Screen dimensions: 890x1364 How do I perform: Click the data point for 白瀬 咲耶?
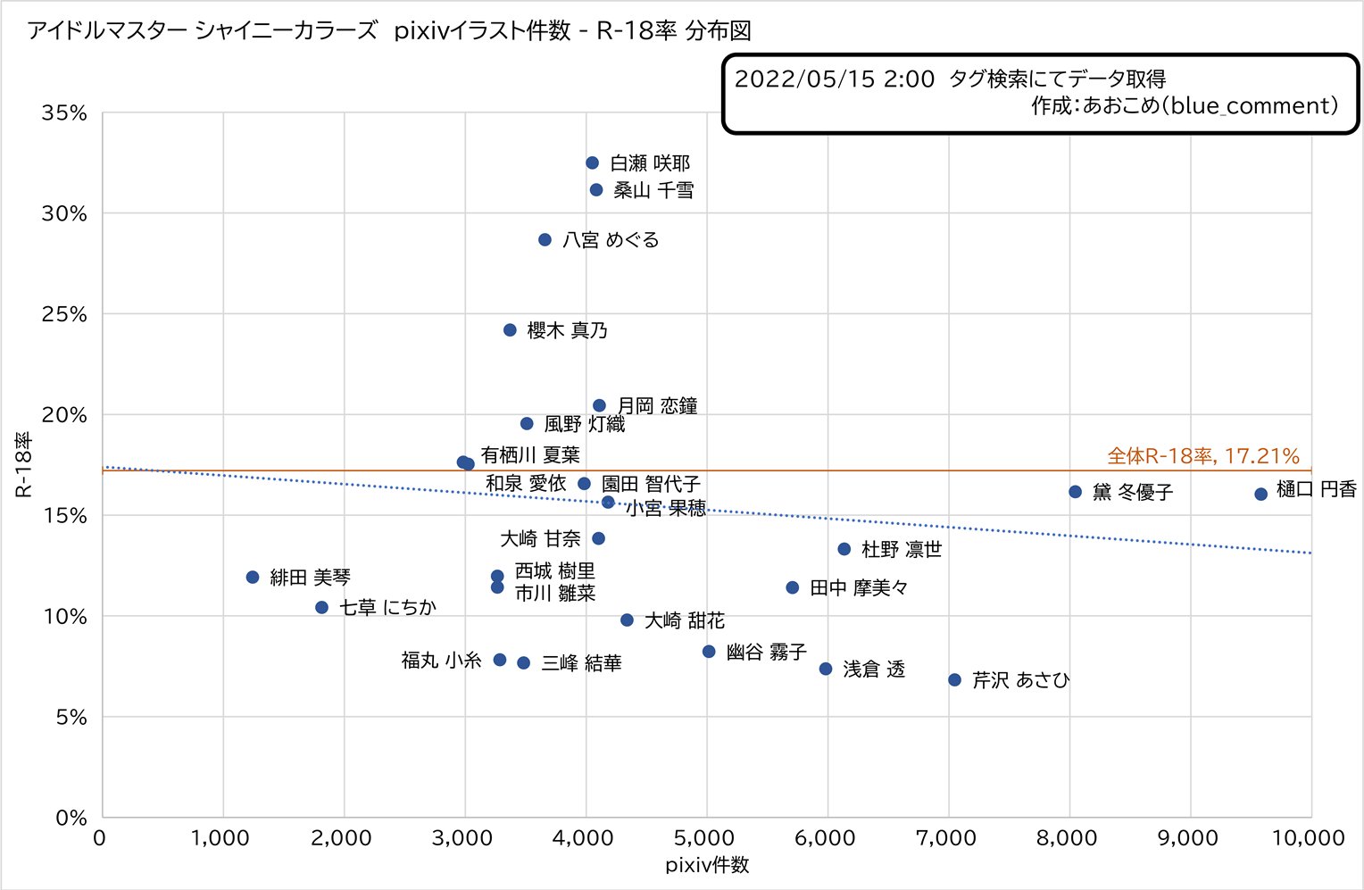pos(592,163)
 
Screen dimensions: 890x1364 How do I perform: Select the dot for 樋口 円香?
pos(1260,494)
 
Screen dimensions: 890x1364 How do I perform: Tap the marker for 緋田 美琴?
pos(253,578)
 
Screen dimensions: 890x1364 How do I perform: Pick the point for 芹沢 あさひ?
pos(954,680)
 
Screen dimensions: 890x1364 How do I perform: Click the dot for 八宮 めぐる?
pos(545,240)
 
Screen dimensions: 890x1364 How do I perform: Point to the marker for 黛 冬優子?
pos(1076,492)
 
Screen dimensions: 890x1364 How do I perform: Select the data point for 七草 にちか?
pos(322,607)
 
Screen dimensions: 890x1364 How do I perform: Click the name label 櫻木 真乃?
pos(568,330)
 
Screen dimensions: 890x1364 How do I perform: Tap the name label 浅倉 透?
pos(874,670)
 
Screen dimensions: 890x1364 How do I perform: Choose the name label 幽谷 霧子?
pos(767,653)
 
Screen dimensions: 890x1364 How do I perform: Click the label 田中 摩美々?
pos(859,588)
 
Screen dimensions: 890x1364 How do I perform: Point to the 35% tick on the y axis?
pos(64,113)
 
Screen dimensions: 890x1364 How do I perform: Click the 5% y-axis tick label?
pos(71,718)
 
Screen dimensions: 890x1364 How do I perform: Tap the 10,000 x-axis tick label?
pos(1309,838)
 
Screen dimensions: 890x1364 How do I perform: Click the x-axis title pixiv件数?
pos(707,865)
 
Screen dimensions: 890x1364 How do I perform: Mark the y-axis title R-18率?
pos(23,464)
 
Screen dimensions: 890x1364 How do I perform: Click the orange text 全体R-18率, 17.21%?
pos(1203,456)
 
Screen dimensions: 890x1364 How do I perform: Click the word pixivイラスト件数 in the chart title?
pos(482,31)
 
